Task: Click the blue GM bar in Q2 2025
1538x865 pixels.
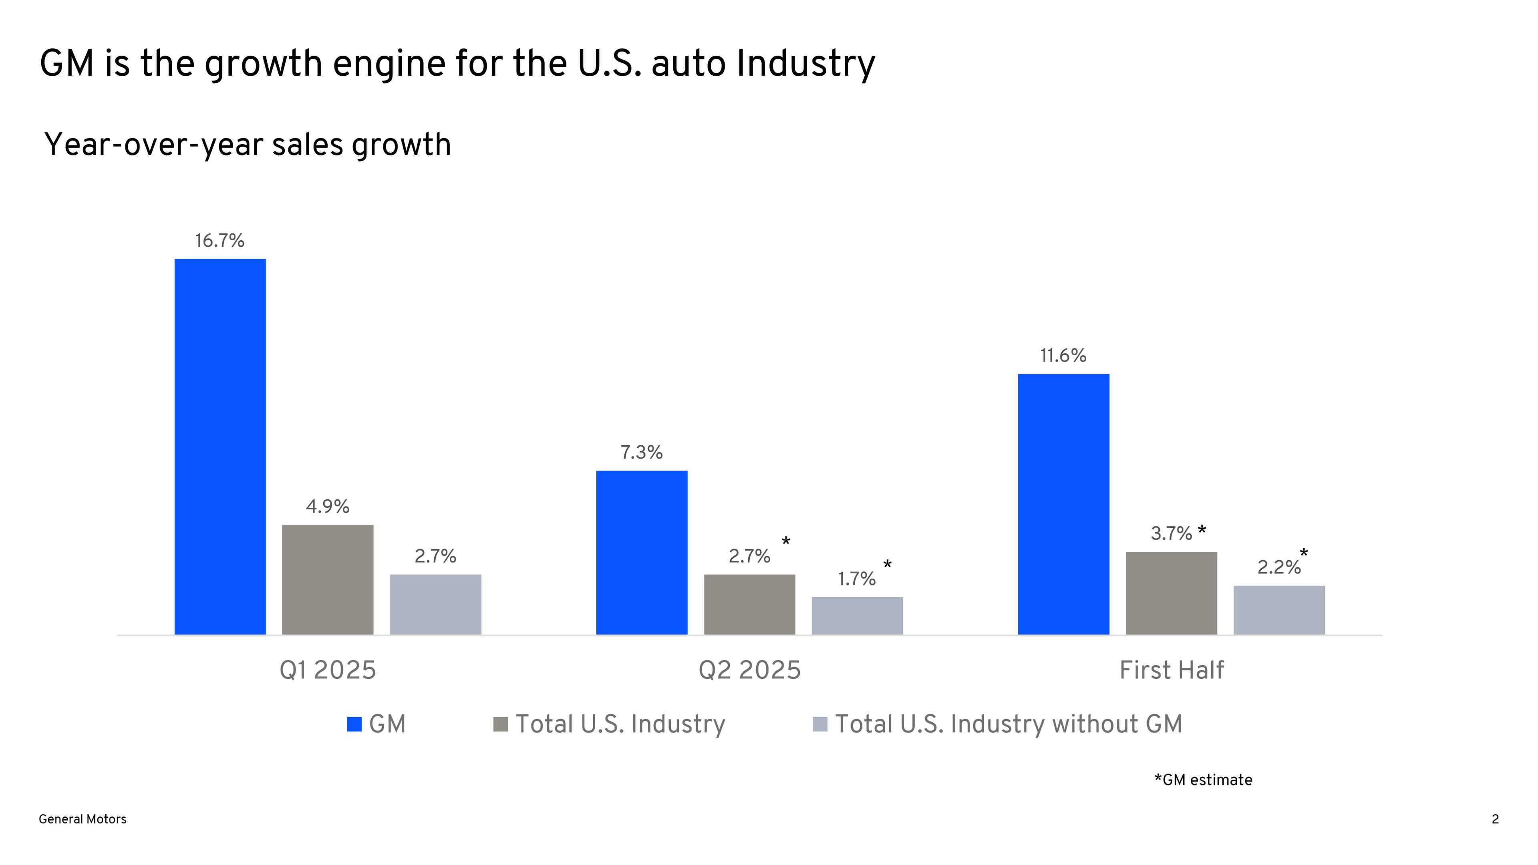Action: coord(642,552)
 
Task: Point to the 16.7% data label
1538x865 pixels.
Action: coord(220,241)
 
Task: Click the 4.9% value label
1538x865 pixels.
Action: coord(328,507)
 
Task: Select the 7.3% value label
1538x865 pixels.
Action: coord(642,453)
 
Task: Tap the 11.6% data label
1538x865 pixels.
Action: coord(1063,356)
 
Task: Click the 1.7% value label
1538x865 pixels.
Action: coord(857,579)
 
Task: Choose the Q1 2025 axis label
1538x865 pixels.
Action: coord(328,670)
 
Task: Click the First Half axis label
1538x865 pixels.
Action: coord(1172,670)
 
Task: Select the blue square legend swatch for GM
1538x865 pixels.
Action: coord(354,724)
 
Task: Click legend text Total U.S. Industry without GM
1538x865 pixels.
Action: coord(1009,724)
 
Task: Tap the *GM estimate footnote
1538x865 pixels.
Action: coord(1203,780)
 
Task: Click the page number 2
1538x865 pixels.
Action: coord(1495,819)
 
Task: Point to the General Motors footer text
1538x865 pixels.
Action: coord(83,819)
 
